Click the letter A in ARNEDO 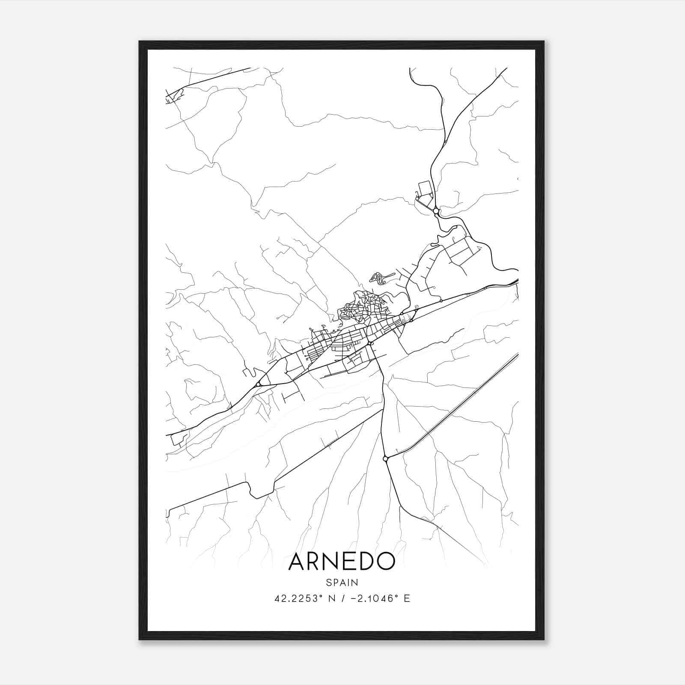point(298,561)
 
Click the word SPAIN point(342,582)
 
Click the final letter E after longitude point(407,599)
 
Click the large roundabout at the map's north point(436,211)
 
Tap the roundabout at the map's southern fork point(385,459)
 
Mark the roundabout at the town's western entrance point(258,384)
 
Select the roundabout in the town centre point(369,343)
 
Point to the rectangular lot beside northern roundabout point(425,189)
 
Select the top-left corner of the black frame point(140,42)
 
